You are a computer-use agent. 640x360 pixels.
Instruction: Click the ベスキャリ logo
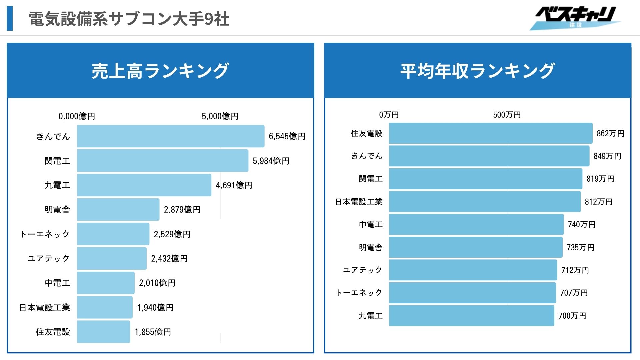[575, 18]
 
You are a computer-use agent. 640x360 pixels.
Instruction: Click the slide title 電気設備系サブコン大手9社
[129, 19]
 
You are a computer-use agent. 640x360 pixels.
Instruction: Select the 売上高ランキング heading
[160, 71]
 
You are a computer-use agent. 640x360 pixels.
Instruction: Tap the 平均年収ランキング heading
[477, 71]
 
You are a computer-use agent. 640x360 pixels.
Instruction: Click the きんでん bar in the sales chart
[171, 136]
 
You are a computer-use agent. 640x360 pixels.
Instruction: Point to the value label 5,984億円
[271, 161]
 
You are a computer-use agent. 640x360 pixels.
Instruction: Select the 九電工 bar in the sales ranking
[144, 185]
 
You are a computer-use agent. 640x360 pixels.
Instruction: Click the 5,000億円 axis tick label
[220, 116]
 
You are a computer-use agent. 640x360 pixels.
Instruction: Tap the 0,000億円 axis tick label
[77, 116]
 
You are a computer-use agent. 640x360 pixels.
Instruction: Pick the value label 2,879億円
[182, 210]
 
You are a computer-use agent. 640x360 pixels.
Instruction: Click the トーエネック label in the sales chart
[45, 234]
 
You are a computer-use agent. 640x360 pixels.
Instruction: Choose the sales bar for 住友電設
[103, 332]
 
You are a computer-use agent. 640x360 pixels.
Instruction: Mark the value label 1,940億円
[155, 307]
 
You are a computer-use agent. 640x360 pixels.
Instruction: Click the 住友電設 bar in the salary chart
[491, 133]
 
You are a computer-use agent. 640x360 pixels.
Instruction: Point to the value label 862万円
[610, 133]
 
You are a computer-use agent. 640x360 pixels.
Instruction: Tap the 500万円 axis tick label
[507, 115]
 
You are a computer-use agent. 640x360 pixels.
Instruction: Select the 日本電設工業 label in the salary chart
[359, 202]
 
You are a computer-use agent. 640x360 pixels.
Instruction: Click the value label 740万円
[582, 224]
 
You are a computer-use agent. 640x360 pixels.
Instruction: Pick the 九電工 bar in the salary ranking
[471, 316]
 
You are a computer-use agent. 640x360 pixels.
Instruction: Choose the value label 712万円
[575, 270]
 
